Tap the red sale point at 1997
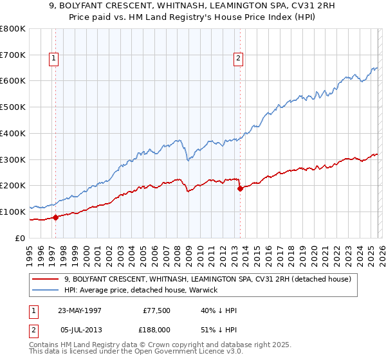point(55,217)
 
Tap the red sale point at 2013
point(240,188)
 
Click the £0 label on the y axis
point(19,238)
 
